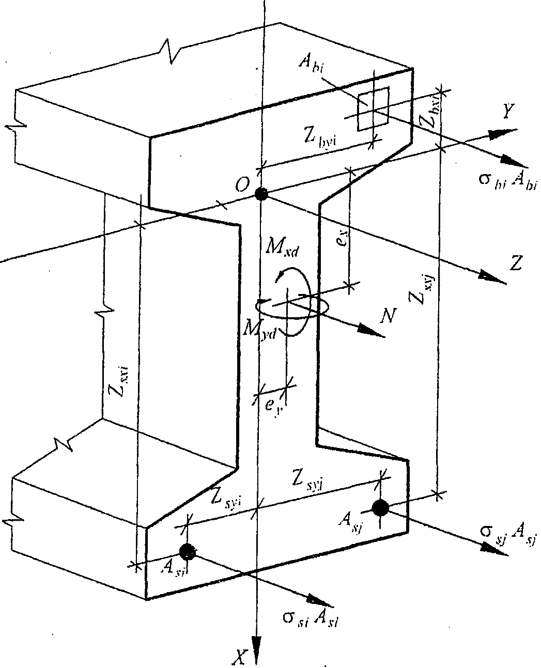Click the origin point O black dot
(261, 194)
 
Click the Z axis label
(515, 264)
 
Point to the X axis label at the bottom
(239, 656)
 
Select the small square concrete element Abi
(374, 108)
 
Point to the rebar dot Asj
(381, 508)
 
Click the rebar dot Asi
(188, 551)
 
